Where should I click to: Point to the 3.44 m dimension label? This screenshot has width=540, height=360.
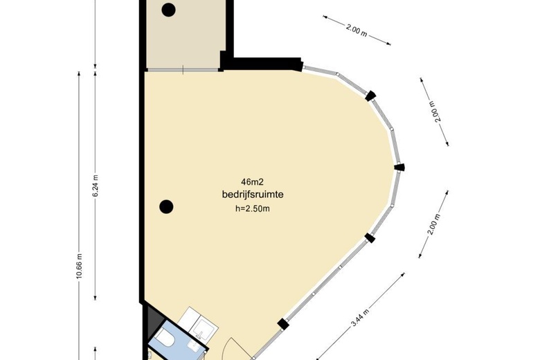359,316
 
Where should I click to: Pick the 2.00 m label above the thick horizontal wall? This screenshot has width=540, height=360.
357,30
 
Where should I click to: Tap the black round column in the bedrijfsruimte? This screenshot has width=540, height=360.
165,206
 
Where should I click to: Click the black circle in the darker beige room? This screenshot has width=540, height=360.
168,9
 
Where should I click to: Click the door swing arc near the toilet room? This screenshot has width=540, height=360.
236,345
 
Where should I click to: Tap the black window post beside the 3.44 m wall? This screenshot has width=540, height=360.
282,323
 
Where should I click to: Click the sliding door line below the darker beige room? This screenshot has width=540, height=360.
182,70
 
